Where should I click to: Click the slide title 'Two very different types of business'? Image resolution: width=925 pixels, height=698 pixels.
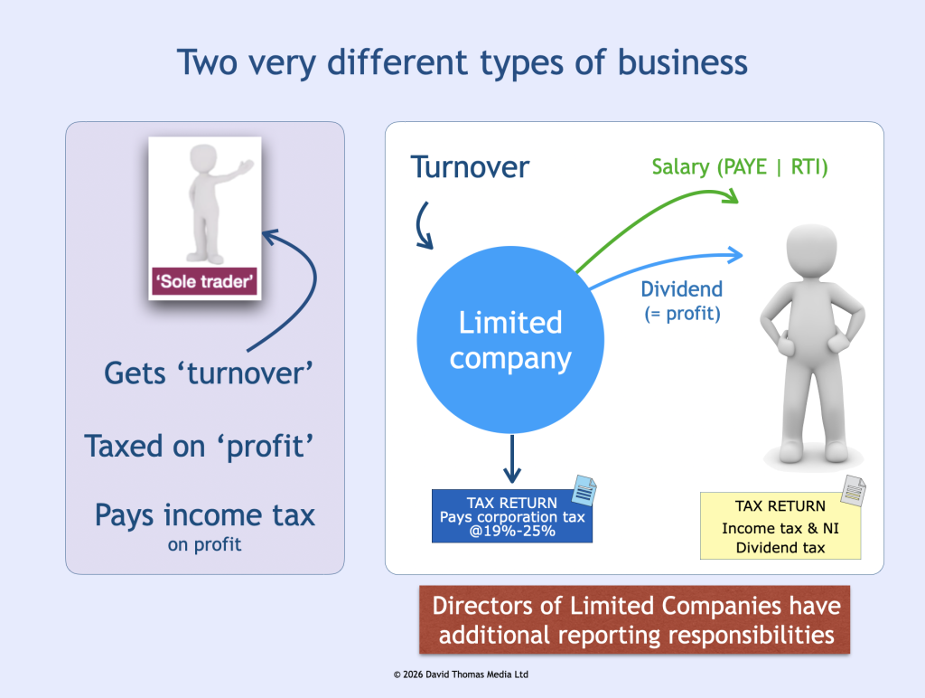tap(462, 63)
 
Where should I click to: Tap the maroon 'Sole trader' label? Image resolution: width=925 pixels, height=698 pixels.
tap(205, 282)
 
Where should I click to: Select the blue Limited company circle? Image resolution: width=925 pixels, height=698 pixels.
tap(510, 339)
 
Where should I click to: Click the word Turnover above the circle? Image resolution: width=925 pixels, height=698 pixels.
tap(470, 167)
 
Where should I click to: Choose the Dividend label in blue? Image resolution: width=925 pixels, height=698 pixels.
tap(682, 289)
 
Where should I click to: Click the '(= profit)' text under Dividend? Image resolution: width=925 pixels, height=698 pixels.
tap(682, 315)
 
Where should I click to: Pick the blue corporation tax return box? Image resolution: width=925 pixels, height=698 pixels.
tap(511, 517)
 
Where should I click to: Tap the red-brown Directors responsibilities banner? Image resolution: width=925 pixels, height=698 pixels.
tap(634, 620)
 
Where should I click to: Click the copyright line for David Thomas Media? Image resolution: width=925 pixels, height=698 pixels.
tap(462, 674)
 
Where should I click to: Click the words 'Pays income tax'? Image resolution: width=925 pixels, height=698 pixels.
tap(205, 514)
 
